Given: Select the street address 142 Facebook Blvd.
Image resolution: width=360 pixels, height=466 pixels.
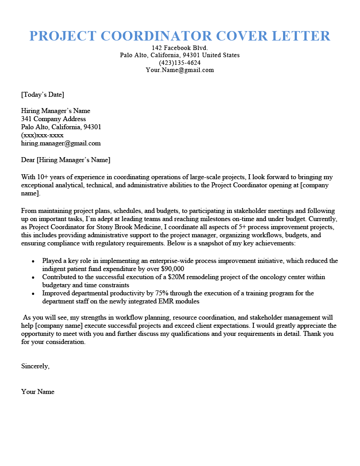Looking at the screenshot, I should [x=180, y=48].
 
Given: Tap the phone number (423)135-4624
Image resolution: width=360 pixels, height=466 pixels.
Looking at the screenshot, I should [x=180, y=63].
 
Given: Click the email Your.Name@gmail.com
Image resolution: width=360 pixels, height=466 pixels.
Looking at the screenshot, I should [x=180, y=70].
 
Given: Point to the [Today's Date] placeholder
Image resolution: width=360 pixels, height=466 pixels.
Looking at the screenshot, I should [x=43, y=95].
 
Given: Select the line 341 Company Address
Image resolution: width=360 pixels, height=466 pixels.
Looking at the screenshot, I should [x=53, y=119].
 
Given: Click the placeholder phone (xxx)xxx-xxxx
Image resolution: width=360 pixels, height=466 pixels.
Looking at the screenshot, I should [x=42, y=135].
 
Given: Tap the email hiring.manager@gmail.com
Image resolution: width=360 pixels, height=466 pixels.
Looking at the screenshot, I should [x=61, y=144].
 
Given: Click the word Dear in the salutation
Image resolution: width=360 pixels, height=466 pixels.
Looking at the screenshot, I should [x=28, y=160].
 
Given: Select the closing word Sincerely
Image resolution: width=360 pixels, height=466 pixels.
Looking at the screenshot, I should [x=35, y=366].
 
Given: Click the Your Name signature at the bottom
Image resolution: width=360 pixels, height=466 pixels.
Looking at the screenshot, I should [x=38, y=392].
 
